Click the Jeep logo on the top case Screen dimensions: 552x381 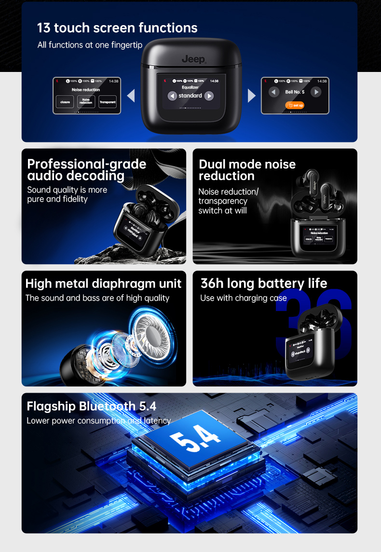pyautogui.click(x=193, y=59)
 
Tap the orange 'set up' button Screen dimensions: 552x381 pyautogui.click(x=295, y=105)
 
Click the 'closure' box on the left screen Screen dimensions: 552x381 pyautogui.click(x=65, y=102)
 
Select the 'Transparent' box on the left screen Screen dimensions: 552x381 pyautogui.click(x=108, y=102)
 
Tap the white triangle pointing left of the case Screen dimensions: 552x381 pyautogui.click(x=131, y=96)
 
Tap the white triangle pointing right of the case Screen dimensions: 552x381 pyautogui.click(x=251, y=96)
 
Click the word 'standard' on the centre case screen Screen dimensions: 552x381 pyautogui.click(x=190, y=96)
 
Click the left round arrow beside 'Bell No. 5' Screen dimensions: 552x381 pyautogui.click(x=274, y=92)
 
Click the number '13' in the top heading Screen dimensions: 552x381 pyautogui.click(x=44, y=28)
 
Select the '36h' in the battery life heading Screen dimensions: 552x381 pyautogui.click(x=212, y=283)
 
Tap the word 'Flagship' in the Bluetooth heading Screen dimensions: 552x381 pyautogui.click(x=51, y=406)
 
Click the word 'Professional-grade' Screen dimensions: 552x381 pyautogui.click(x=87, y=164)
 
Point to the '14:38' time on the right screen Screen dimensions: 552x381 pyautogui.click(x=322, y=81)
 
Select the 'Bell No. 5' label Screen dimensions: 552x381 pyautogui.click(x=295, y=92)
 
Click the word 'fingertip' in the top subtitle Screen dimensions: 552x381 pyautogui.click(x=126, y=45)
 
